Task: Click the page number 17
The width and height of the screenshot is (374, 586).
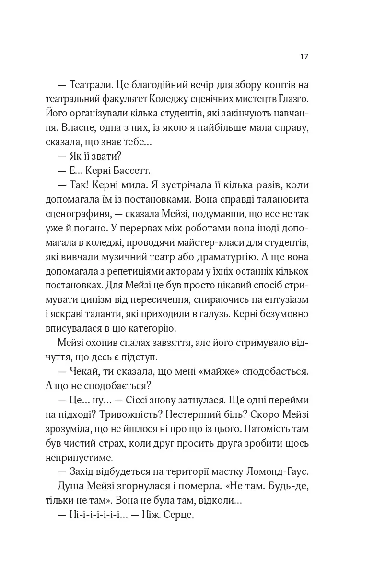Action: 304,57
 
